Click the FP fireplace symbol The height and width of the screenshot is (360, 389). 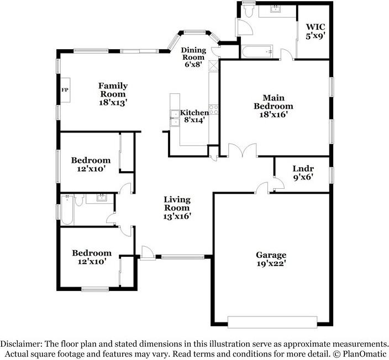[64, 89]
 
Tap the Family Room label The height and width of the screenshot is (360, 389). [113, 90]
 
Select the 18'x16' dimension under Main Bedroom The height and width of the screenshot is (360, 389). [273, 114]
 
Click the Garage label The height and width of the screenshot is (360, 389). [271, 255]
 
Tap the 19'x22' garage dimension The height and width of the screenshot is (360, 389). [271, 264]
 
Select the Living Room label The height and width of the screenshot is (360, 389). [177, 203]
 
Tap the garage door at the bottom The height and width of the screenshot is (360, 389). [272, 321]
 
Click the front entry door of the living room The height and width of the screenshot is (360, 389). [147, 252]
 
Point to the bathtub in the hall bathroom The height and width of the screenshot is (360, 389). [66, 211]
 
